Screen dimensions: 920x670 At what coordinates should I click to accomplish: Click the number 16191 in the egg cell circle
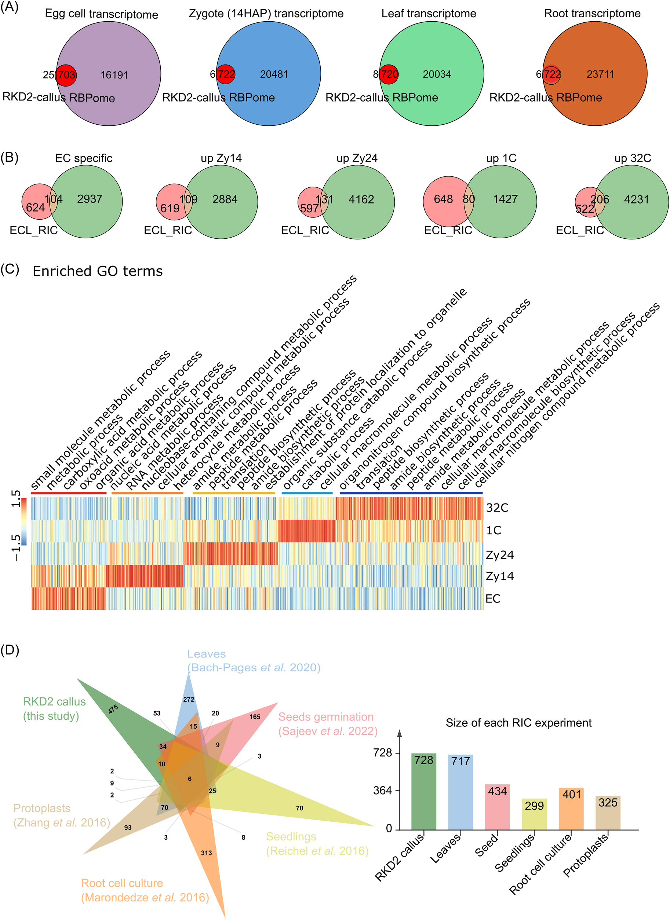(114, 75)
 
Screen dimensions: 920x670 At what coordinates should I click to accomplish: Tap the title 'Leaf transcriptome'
(429, 14)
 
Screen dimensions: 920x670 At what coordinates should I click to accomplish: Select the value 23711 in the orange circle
(600, 74)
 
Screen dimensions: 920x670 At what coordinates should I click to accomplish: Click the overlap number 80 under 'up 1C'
(469, 199)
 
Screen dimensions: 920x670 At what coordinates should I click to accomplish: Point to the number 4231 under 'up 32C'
(636, 199)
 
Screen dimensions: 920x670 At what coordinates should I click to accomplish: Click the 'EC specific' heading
(84, 158)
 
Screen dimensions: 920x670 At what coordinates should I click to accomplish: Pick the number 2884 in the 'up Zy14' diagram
(225, 199)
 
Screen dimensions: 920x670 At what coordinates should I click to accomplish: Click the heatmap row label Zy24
(499, 555)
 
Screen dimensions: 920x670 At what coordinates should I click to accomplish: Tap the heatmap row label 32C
(497, 508)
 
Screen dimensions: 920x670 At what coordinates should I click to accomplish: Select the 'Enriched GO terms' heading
(97, 271)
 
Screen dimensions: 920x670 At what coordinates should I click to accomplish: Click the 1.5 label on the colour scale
(16, 499)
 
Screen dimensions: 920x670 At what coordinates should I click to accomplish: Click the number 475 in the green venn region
(113, 709)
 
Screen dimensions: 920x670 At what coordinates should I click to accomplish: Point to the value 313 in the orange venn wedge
(206, 853)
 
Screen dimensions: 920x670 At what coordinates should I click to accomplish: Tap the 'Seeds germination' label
(325, 717)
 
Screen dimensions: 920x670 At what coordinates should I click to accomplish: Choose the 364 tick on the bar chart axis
(382, 791)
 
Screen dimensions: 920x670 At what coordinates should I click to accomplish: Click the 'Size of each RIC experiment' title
(518, 723)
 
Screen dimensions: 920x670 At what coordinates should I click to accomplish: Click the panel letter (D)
(10, 650)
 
